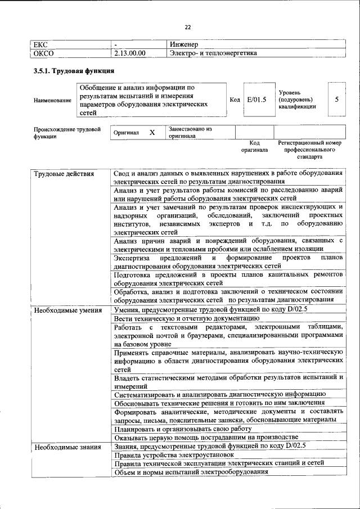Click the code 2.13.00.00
point(129,53)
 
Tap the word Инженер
point(185,44)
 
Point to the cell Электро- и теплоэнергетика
point(213,53)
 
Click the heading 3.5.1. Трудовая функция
point(74,71)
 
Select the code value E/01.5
point(256,100)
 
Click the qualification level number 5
point(336,100)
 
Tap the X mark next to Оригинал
point(152,133)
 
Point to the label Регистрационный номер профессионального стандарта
point(310,150)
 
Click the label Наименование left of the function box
point(53,100)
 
